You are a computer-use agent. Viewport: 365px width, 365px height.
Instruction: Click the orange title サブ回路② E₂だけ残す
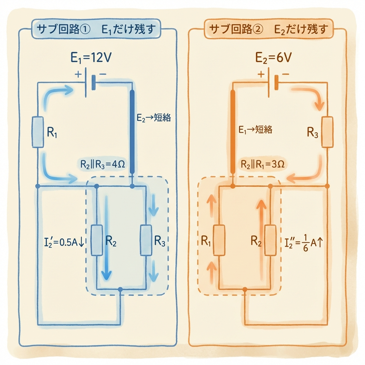click(269, 29)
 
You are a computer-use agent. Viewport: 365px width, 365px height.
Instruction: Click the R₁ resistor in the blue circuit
click(38, 132)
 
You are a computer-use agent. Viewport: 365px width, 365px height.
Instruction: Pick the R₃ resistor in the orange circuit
click(327, 132)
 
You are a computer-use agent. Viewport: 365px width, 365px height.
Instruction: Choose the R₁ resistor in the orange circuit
click(219, 240)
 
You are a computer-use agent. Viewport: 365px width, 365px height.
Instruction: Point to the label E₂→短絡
click(154, 118)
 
